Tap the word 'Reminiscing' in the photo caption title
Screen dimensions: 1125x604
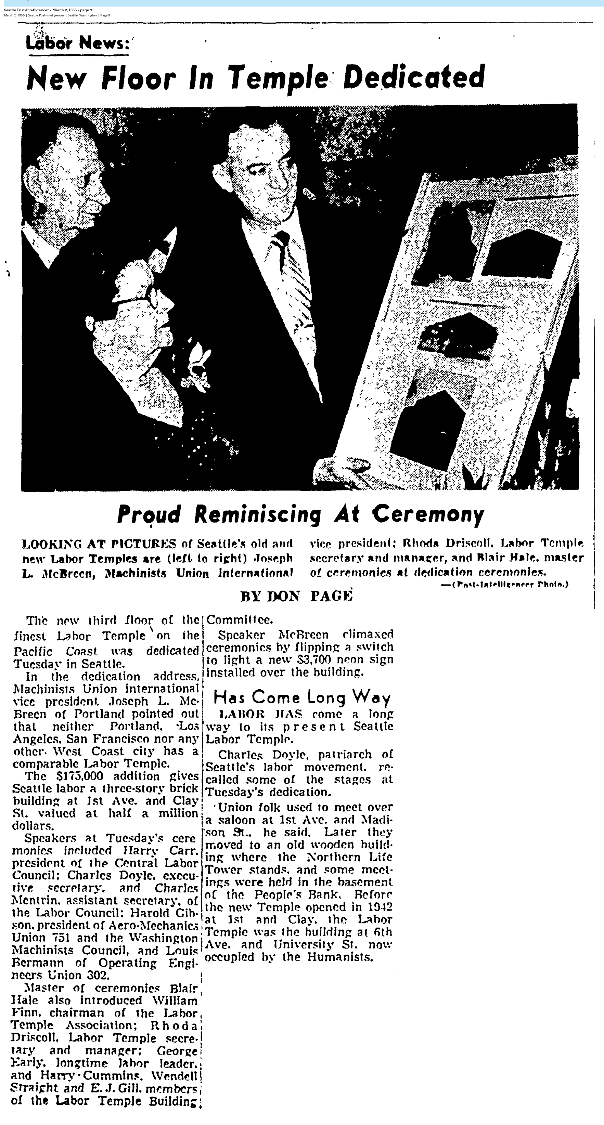click(257, 514)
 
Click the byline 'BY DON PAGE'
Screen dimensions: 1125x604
click(296, 596)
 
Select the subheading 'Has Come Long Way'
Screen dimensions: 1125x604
click(301, 697)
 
